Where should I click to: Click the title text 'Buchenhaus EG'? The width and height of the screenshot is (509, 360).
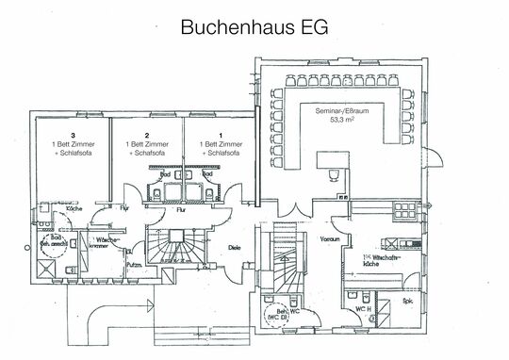[254, 27]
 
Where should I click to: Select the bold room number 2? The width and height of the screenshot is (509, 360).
[147, 135]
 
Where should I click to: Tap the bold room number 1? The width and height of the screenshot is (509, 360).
[220, 135]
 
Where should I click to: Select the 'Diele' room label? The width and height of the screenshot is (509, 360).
[236, 248]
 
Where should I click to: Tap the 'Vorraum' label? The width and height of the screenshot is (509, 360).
[328, 239]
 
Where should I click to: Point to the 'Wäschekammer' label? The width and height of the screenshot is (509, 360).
[107, 244]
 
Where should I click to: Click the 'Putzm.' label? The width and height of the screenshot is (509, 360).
[135, 268]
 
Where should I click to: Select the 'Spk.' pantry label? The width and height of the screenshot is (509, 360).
[408, 303]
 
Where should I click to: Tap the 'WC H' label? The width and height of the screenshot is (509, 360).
[362, 307]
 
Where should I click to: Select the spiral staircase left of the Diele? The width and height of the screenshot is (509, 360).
[174, 252]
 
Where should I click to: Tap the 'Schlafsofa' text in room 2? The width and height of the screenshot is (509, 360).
[147, 152]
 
